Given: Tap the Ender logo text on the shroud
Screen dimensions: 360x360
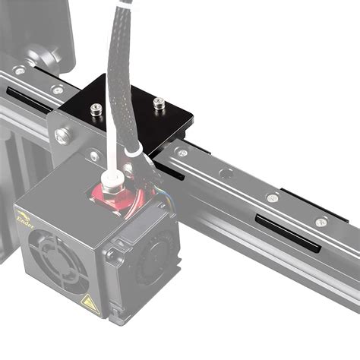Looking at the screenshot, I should [24, 220].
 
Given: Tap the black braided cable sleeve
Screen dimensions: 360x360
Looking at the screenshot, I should [125, 84].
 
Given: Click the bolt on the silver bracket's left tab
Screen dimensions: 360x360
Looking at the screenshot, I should [63, 135].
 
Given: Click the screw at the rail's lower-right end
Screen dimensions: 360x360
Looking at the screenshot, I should [321, 223].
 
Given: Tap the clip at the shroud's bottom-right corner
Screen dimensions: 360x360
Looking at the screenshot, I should [115, 311].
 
